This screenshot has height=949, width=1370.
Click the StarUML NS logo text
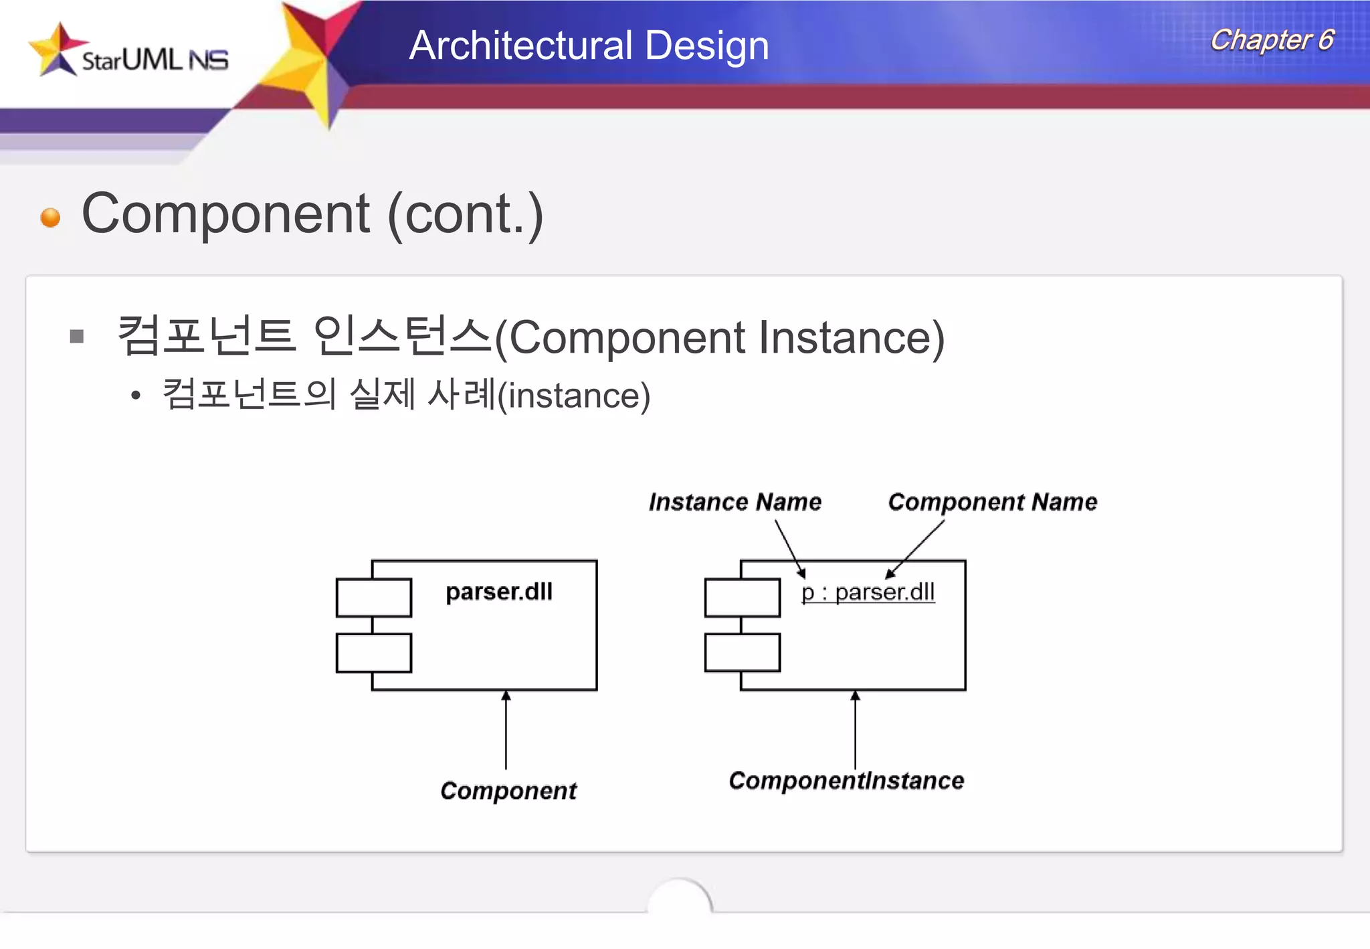point(155,60)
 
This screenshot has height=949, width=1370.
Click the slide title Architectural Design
point(589,46)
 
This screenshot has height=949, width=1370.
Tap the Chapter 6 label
point(1272,40)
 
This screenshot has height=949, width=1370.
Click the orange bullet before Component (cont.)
point(50,218)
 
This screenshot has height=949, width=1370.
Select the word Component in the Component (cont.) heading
point(225,214)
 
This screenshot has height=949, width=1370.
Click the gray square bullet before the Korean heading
point(77,336)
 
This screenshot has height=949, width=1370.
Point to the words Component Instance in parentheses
point(726,337)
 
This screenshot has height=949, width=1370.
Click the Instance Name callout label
point(735,502)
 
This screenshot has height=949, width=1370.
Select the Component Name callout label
point(992,502)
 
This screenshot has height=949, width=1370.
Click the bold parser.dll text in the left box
point(499,592)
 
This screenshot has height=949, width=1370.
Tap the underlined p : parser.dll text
point(868,592)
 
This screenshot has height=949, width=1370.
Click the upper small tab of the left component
point(373,598)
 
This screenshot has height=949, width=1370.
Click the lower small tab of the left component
point(373,653)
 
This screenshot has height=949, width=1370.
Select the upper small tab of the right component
point(742,598)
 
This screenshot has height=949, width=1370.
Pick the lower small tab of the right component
point(742,653)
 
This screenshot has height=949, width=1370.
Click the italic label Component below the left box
point(508,791)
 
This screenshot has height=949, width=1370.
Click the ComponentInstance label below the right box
point(846,781)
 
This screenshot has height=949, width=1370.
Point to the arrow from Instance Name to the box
point(789,547)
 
